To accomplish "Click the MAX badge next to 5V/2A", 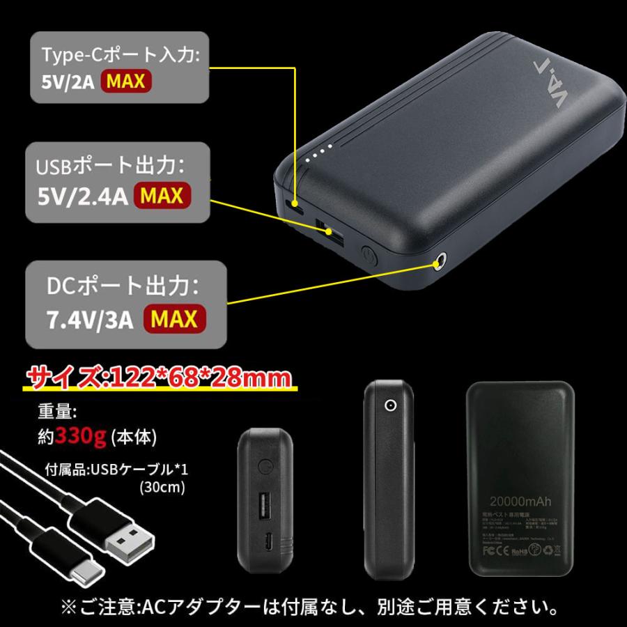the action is coord(126,81).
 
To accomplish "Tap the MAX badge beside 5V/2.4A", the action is coord(162,196).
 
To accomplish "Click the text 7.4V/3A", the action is coord(88,319).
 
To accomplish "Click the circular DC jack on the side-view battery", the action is coord(389,406).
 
